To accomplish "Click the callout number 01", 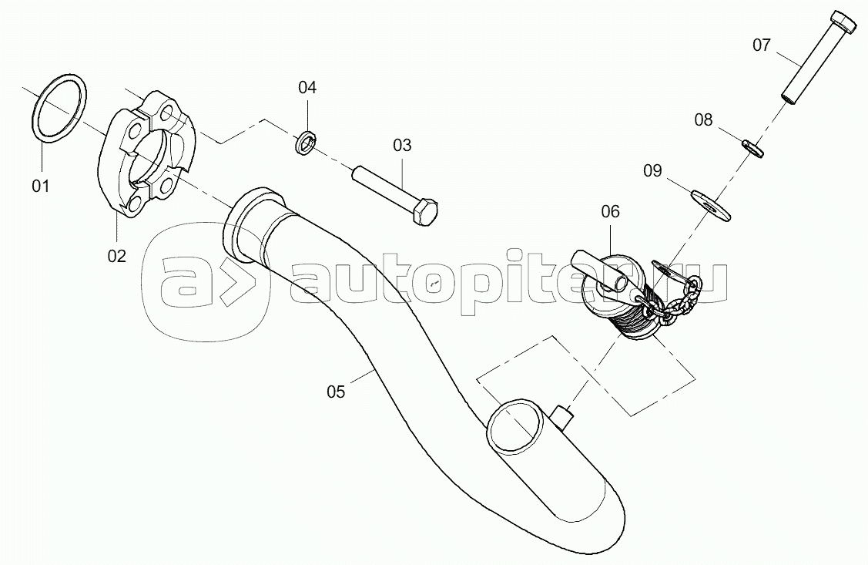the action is click(40, 186).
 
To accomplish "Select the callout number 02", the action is click(117, 256).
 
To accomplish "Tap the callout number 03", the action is click(403, 145).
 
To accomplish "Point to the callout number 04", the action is click(307, 87).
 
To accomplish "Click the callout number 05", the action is click(336, 392).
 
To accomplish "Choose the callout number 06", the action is click(611, 211).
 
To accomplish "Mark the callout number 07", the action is click(762, 45).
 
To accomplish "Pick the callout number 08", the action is click(704, 119).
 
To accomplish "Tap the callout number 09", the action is click(652, 170).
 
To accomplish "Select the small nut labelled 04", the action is click(305, 143).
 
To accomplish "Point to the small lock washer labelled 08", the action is click(752, 148).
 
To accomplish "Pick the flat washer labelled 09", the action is click(711, 206).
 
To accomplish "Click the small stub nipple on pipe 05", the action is click(563, 416).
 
